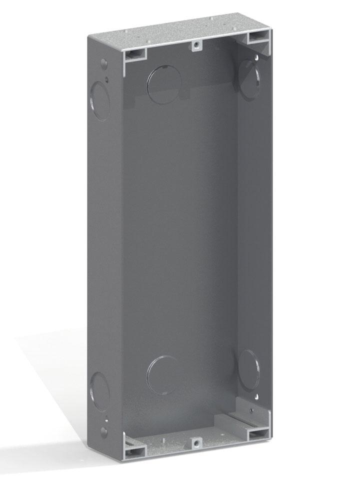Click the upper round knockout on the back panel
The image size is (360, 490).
(164, 82)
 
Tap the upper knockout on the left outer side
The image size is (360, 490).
(100, 99)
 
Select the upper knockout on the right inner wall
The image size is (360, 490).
(249, 78)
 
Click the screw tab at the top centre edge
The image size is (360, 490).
(197, 45)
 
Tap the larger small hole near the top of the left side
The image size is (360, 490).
(103, 64)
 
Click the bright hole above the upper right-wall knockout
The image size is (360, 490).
(257, 58)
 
